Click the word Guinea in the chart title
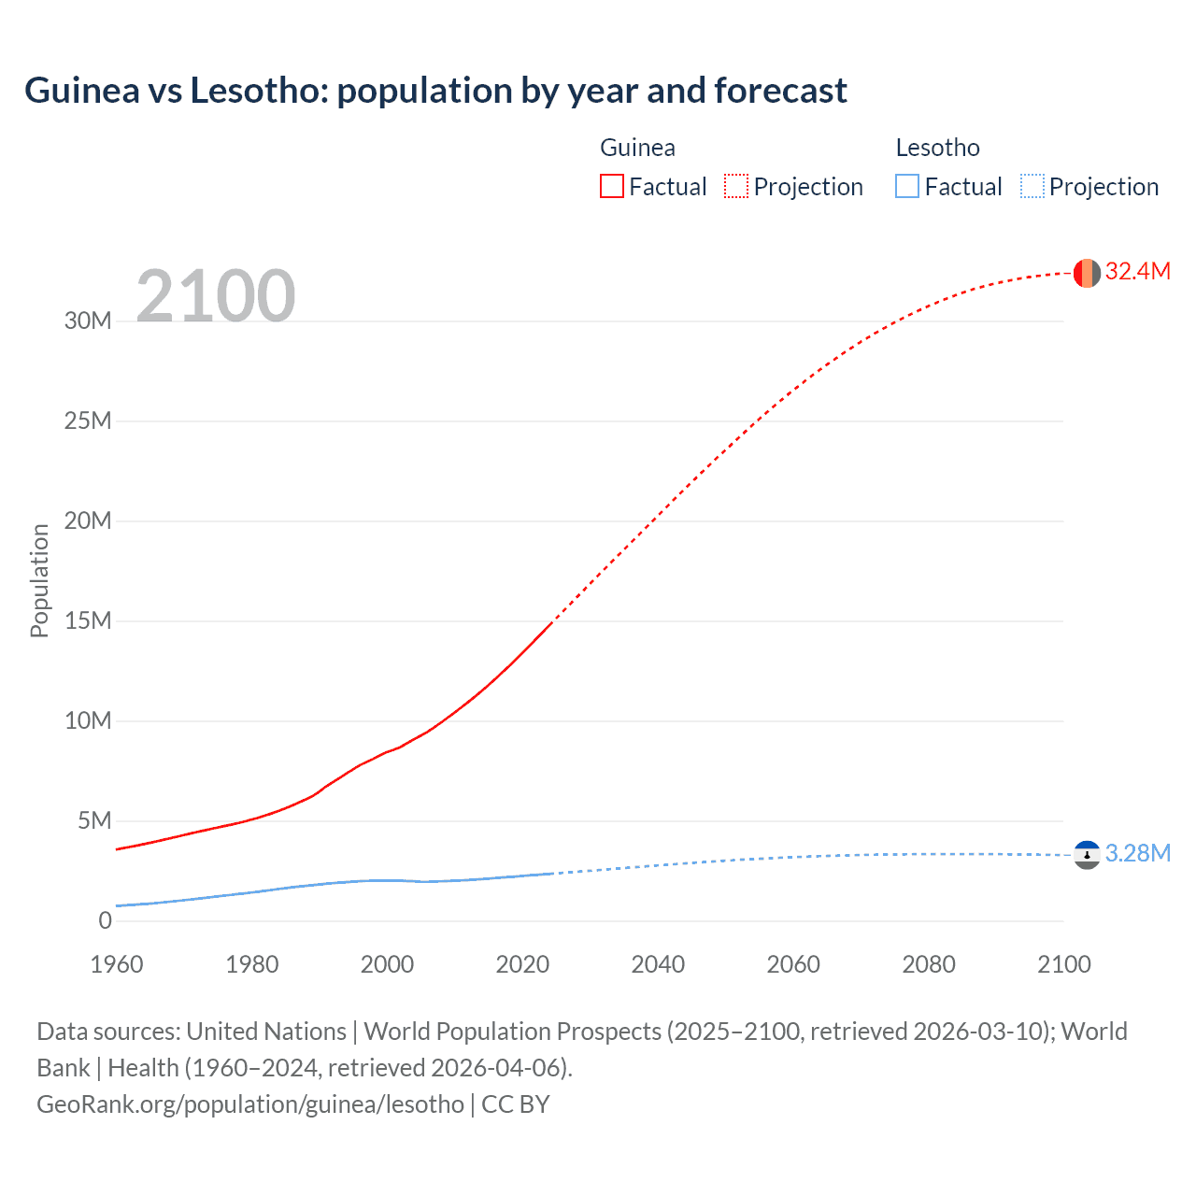point(82,91)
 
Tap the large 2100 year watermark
point(215,296)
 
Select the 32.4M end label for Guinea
point(1137,272)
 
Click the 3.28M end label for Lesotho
point(1137,854)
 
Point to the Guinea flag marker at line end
point(1087,273)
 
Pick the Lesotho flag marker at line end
point(1087,855)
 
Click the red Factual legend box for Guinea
point(612,187)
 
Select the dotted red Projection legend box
point(736,187)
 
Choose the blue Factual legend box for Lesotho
point(907,187)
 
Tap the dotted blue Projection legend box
point(1032,187)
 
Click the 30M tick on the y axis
point(88,321)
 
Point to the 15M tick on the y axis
point(88,621)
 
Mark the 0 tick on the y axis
point(105,921)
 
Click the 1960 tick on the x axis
point(117,964)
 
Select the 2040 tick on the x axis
point(658,964)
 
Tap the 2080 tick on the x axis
point(929,964)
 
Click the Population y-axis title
point(39,580)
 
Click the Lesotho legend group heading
point(937,148)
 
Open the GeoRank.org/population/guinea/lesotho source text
point(250,1104)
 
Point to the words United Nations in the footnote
point(266,1032)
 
